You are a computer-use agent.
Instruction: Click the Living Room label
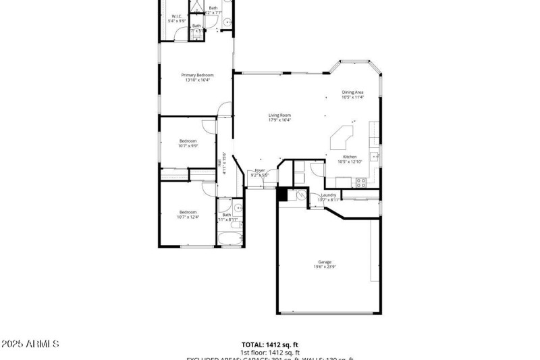279,115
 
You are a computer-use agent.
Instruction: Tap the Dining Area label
352,93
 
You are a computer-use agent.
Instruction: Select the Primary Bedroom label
197,75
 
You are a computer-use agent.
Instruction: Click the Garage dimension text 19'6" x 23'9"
325,267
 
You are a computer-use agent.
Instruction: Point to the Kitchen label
350,157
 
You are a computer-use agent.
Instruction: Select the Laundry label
329,195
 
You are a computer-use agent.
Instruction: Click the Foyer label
260,170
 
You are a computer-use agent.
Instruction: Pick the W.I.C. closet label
177,16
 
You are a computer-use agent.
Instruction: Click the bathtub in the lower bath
229,238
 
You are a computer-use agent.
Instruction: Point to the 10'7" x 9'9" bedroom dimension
188,145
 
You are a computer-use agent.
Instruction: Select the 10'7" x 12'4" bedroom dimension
188,217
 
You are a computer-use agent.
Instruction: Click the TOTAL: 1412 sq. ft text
270,344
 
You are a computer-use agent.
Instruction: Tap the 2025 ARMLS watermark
30,344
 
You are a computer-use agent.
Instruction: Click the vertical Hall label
220,162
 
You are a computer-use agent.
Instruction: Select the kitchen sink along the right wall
375,157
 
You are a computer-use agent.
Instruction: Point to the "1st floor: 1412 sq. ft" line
270,353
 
